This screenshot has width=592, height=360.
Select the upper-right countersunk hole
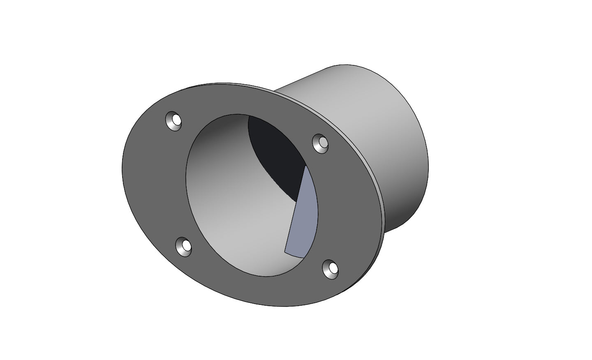coord(320,143)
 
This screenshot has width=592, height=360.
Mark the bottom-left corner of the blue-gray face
coord(285,252)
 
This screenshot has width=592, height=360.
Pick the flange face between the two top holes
coord(247,103)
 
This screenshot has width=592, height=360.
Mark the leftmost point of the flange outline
coord(123,168)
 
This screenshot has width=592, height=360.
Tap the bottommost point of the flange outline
coord(288,306)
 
